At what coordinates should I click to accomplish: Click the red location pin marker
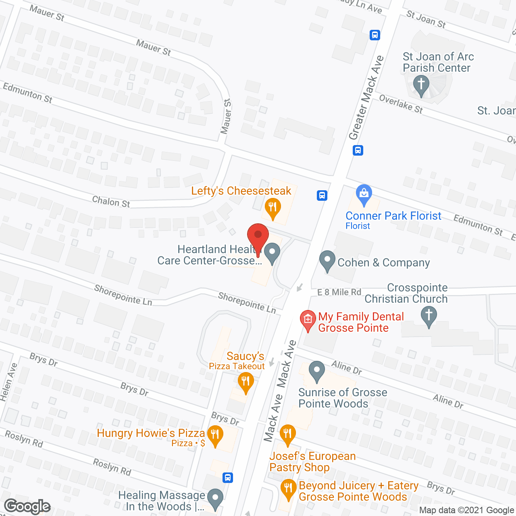[x=258, y=236]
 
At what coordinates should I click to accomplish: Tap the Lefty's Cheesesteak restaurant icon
[x=273, y=208]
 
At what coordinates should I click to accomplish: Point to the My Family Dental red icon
[x=308, y=320]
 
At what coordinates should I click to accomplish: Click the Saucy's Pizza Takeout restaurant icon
[x=246, y=381]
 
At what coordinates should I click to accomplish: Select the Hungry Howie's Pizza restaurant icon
[x=215, y=435]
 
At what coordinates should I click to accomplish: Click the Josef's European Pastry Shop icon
[x=287, y=435]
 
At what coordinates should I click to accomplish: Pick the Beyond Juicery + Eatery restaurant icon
[x=288, y=489]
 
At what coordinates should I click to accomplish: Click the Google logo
[x=27, y=506]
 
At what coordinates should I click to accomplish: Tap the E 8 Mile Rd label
[x=339, y=292]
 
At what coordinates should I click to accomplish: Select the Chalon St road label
[x=111, y=202]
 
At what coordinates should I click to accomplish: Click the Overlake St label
[x=401, y=104]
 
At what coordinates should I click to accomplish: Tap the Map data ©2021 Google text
[x=466, y=510]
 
